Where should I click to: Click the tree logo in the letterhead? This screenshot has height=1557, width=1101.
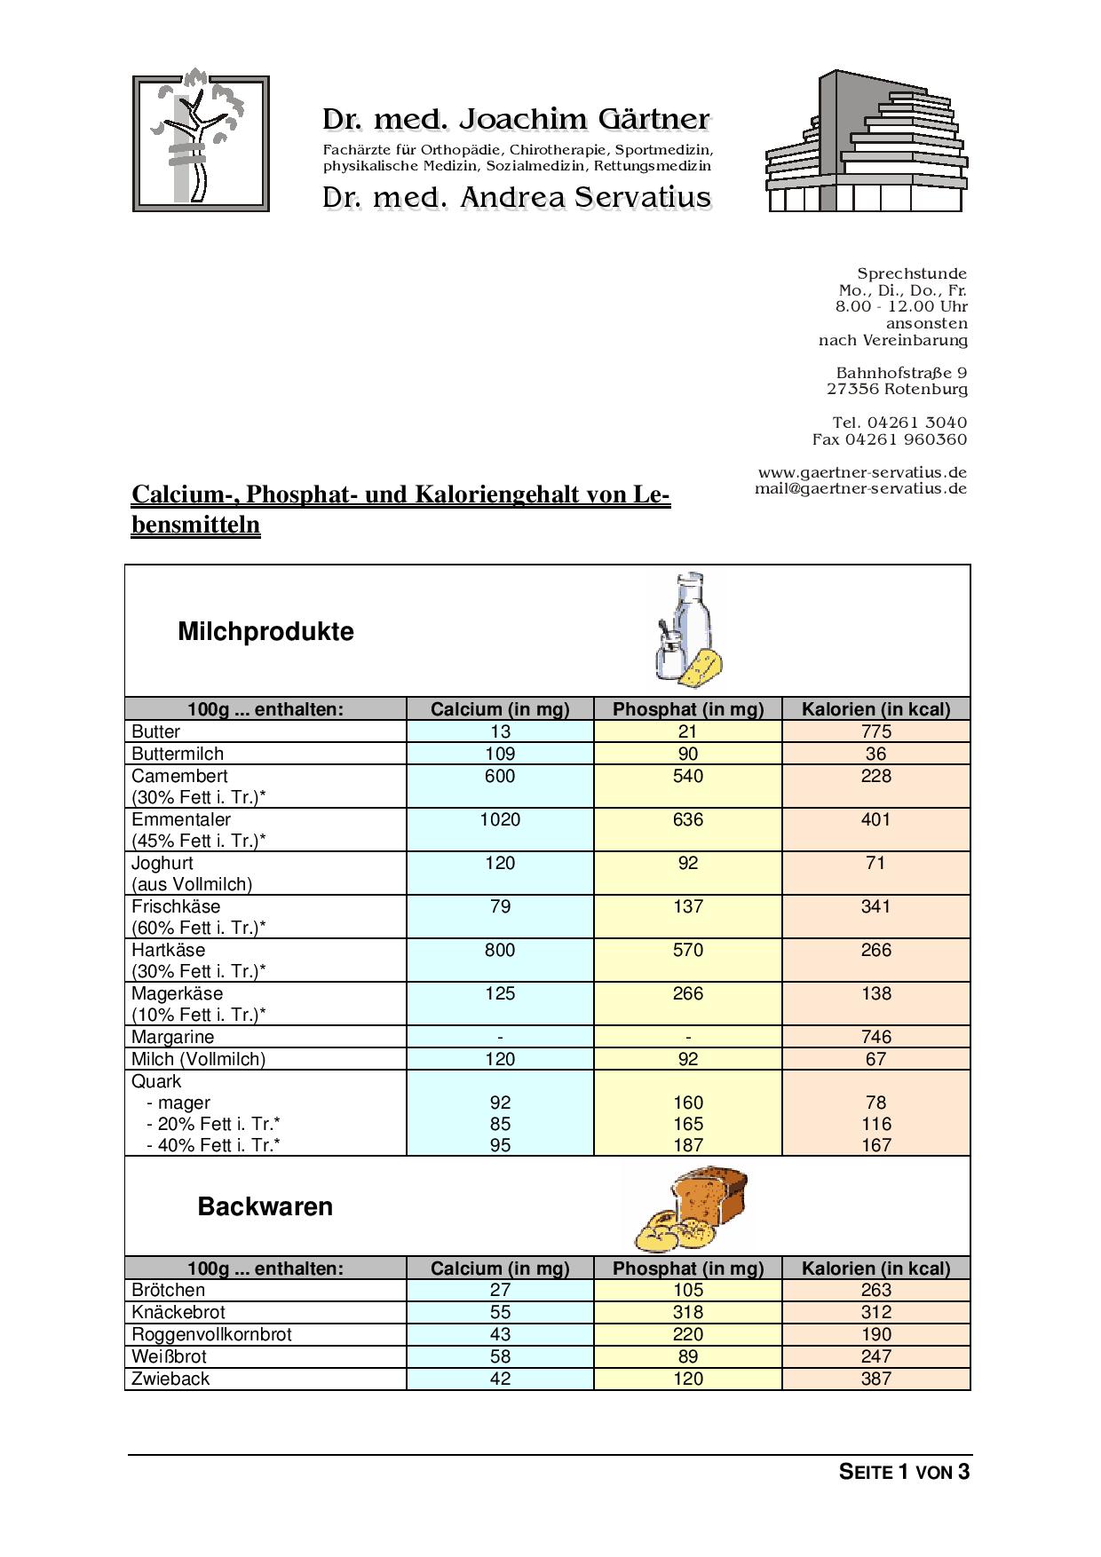[x=201, y=143]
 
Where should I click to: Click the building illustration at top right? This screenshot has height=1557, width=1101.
[x=866, y=142]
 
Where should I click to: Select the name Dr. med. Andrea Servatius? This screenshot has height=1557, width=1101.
[x=516, y=197]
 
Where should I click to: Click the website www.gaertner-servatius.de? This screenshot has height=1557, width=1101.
[x=862, y=472]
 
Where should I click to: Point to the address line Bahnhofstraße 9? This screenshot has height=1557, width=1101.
[x=901, y=373]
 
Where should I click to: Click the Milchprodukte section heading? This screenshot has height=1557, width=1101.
[x=265, y=632]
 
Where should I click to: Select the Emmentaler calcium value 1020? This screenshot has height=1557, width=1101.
[x=500, y=819]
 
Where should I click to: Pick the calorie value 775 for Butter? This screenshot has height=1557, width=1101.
[x=875, y=731]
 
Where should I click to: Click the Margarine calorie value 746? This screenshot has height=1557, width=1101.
[x=875, y=1037]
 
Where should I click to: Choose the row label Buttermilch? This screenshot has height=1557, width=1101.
[x=174, y=754]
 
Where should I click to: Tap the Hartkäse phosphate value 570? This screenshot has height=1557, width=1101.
[x=688, y=950]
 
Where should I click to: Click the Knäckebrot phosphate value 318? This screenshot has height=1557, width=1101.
[x=688, y=1312]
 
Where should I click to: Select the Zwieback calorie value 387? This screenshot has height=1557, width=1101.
[x=875, y=1379]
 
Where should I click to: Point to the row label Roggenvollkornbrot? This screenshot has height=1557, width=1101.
[x=211, y=1334]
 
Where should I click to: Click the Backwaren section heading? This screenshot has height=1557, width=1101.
[x=265, y=1207]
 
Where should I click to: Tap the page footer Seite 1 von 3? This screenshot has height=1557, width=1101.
[x=904, y=1473]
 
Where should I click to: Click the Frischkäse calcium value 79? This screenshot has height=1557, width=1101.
[x=500, y=906]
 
